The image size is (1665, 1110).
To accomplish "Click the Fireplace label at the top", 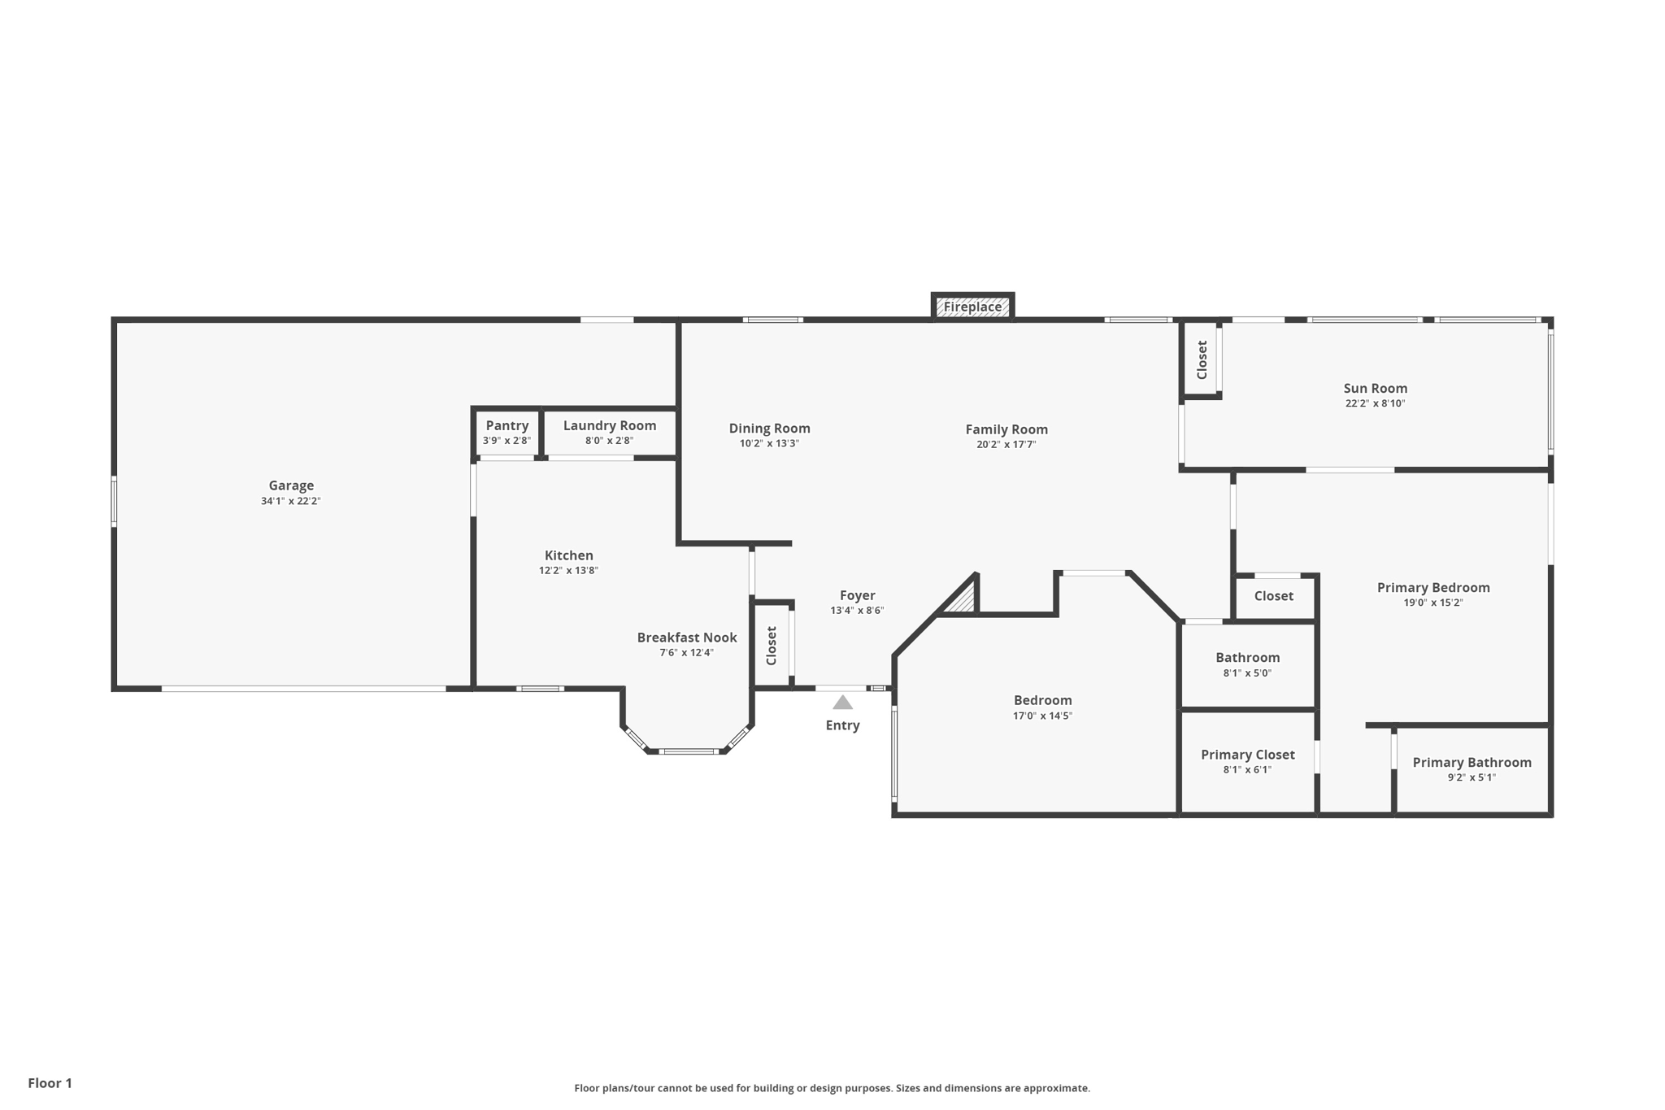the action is [x=972, y=307].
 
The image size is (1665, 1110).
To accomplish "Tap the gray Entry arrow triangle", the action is [x=843, y=703].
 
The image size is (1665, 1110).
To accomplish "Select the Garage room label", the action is [x=291, y=485].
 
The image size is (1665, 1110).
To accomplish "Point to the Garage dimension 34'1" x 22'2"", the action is [x=291, y=501].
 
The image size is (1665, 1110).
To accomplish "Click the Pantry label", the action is [x=507, y=425].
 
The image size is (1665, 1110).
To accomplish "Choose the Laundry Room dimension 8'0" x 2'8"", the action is [x=610, y=441].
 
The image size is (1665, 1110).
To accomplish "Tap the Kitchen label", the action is [x=569, y=555].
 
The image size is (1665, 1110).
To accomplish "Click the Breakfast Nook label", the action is [x=687, y=638].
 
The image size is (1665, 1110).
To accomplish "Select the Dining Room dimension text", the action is [x=769, y=444].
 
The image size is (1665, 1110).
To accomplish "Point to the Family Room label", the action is [x=1006, y=429].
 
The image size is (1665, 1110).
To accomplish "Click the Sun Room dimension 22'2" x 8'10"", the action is [x=1376, y=403].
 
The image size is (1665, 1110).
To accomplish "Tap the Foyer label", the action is [x=858, y=595].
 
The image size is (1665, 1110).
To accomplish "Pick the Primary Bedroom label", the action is [x=1433, y=587].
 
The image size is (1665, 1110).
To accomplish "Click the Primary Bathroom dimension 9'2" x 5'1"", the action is [x=1472, y=777].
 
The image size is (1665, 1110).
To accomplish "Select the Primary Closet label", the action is [x=1248, y=755].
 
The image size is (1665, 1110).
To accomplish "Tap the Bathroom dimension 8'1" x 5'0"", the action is [x=1248, y=673].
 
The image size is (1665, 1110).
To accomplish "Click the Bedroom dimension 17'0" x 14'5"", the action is [x=1043, y=716].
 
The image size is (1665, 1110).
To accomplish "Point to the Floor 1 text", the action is [x=50, y=1083].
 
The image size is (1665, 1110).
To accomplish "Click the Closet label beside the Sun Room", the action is [x=1202, y=359].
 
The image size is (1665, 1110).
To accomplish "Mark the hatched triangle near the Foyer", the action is [x=962, y=599].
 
